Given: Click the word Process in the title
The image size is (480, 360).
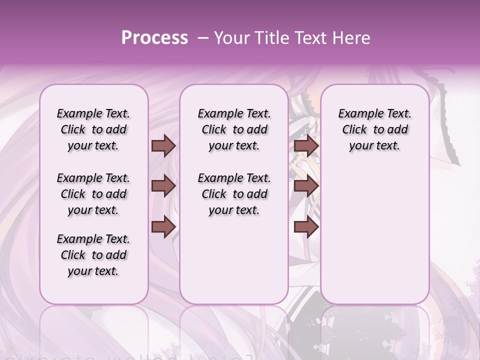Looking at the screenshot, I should (x=154, y=38).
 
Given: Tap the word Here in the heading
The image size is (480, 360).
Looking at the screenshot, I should (x=350, y=38).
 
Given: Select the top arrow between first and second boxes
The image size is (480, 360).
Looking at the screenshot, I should (x=163, y=145).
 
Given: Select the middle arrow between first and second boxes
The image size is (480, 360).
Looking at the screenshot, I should (x=163, y=186).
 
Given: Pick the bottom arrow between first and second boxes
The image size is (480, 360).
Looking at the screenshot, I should (x=163, y=226).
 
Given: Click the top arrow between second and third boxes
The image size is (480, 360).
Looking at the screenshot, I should (x=306, y=145).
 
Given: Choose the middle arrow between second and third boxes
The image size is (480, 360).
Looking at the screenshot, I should (x=306, y=186).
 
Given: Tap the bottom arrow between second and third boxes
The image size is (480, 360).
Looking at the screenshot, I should (x=306, y=226).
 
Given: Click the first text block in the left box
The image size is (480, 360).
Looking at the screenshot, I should (x=93, y=129).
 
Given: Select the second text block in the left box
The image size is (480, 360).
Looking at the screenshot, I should (x=93, y=194).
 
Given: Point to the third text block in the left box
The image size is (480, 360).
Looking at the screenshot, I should (x=93, y=255).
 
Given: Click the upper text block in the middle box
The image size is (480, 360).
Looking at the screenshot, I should (x=234, y=129).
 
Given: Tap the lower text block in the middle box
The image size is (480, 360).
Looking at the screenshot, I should (x=234, y=194).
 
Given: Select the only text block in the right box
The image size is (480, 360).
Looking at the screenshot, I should (x=374, y=129).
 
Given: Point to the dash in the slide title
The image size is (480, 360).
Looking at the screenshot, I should (x=203, y=38).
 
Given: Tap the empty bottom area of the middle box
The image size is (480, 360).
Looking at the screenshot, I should (x=234, y=265).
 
